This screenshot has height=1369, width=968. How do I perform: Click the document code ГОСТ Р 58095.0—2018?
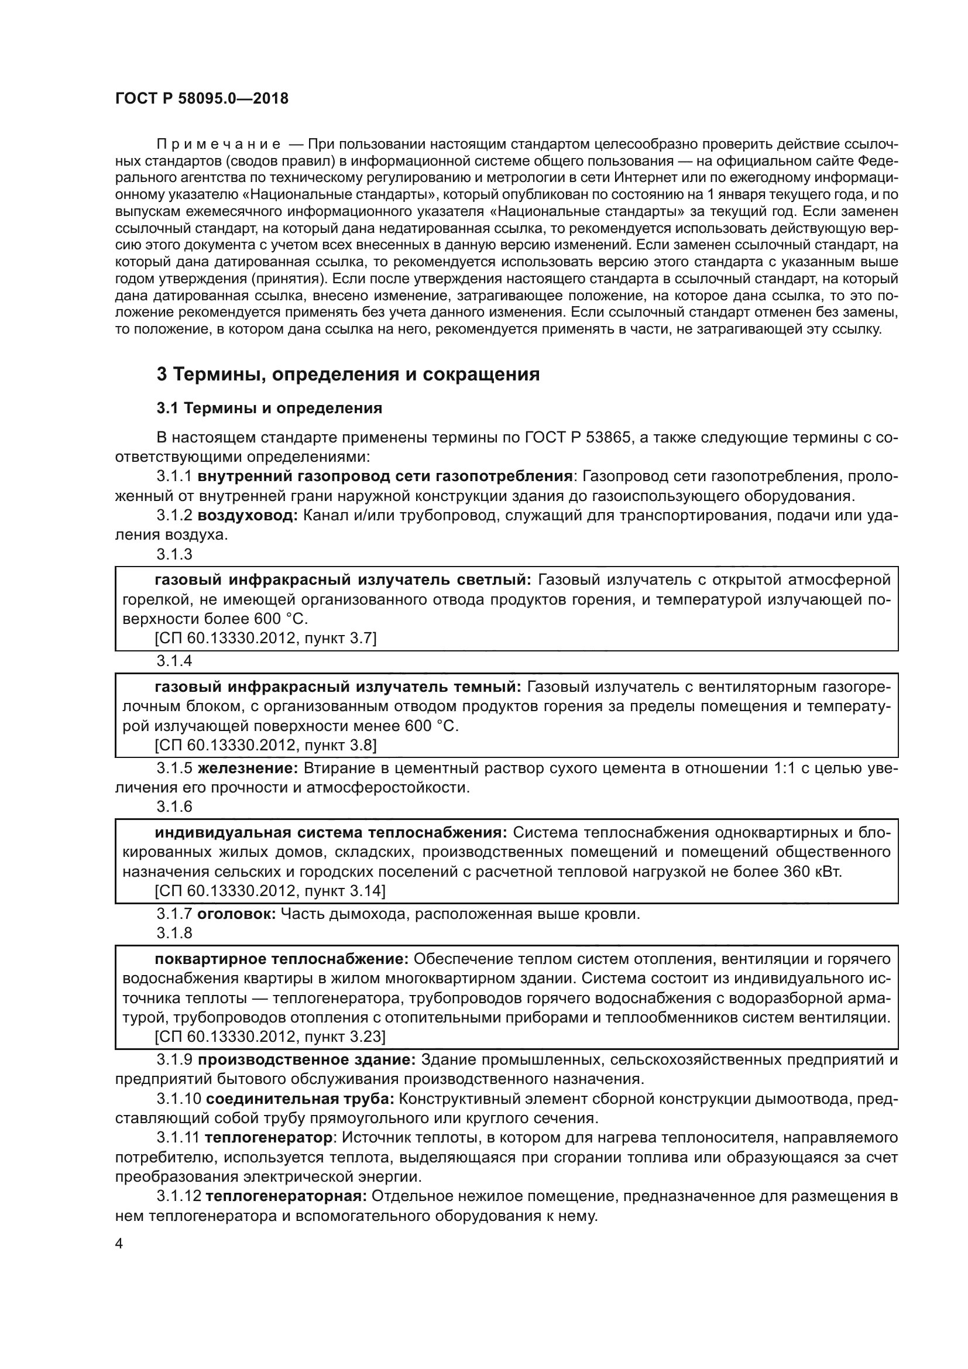tap(201, 98)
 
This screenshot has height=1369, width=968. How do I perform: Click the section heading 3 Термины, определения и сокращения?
tap(348, 375)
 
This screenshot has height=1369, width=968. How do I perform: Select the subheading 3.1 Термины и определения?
tap(269, 409)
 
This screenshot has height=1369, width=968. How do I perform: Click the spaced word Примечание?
tap(218, 145)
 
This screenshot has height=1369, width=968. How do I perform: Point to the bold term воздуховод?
tap(248, 516)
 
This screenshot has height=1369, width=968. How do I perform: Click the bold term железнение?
tap(248, 768)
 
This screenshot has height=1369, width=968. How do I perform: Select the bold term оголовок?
tap(236, 914)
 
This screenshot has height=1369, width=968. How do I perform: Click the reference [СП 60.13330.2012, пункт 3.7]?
tap(265, 639)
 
